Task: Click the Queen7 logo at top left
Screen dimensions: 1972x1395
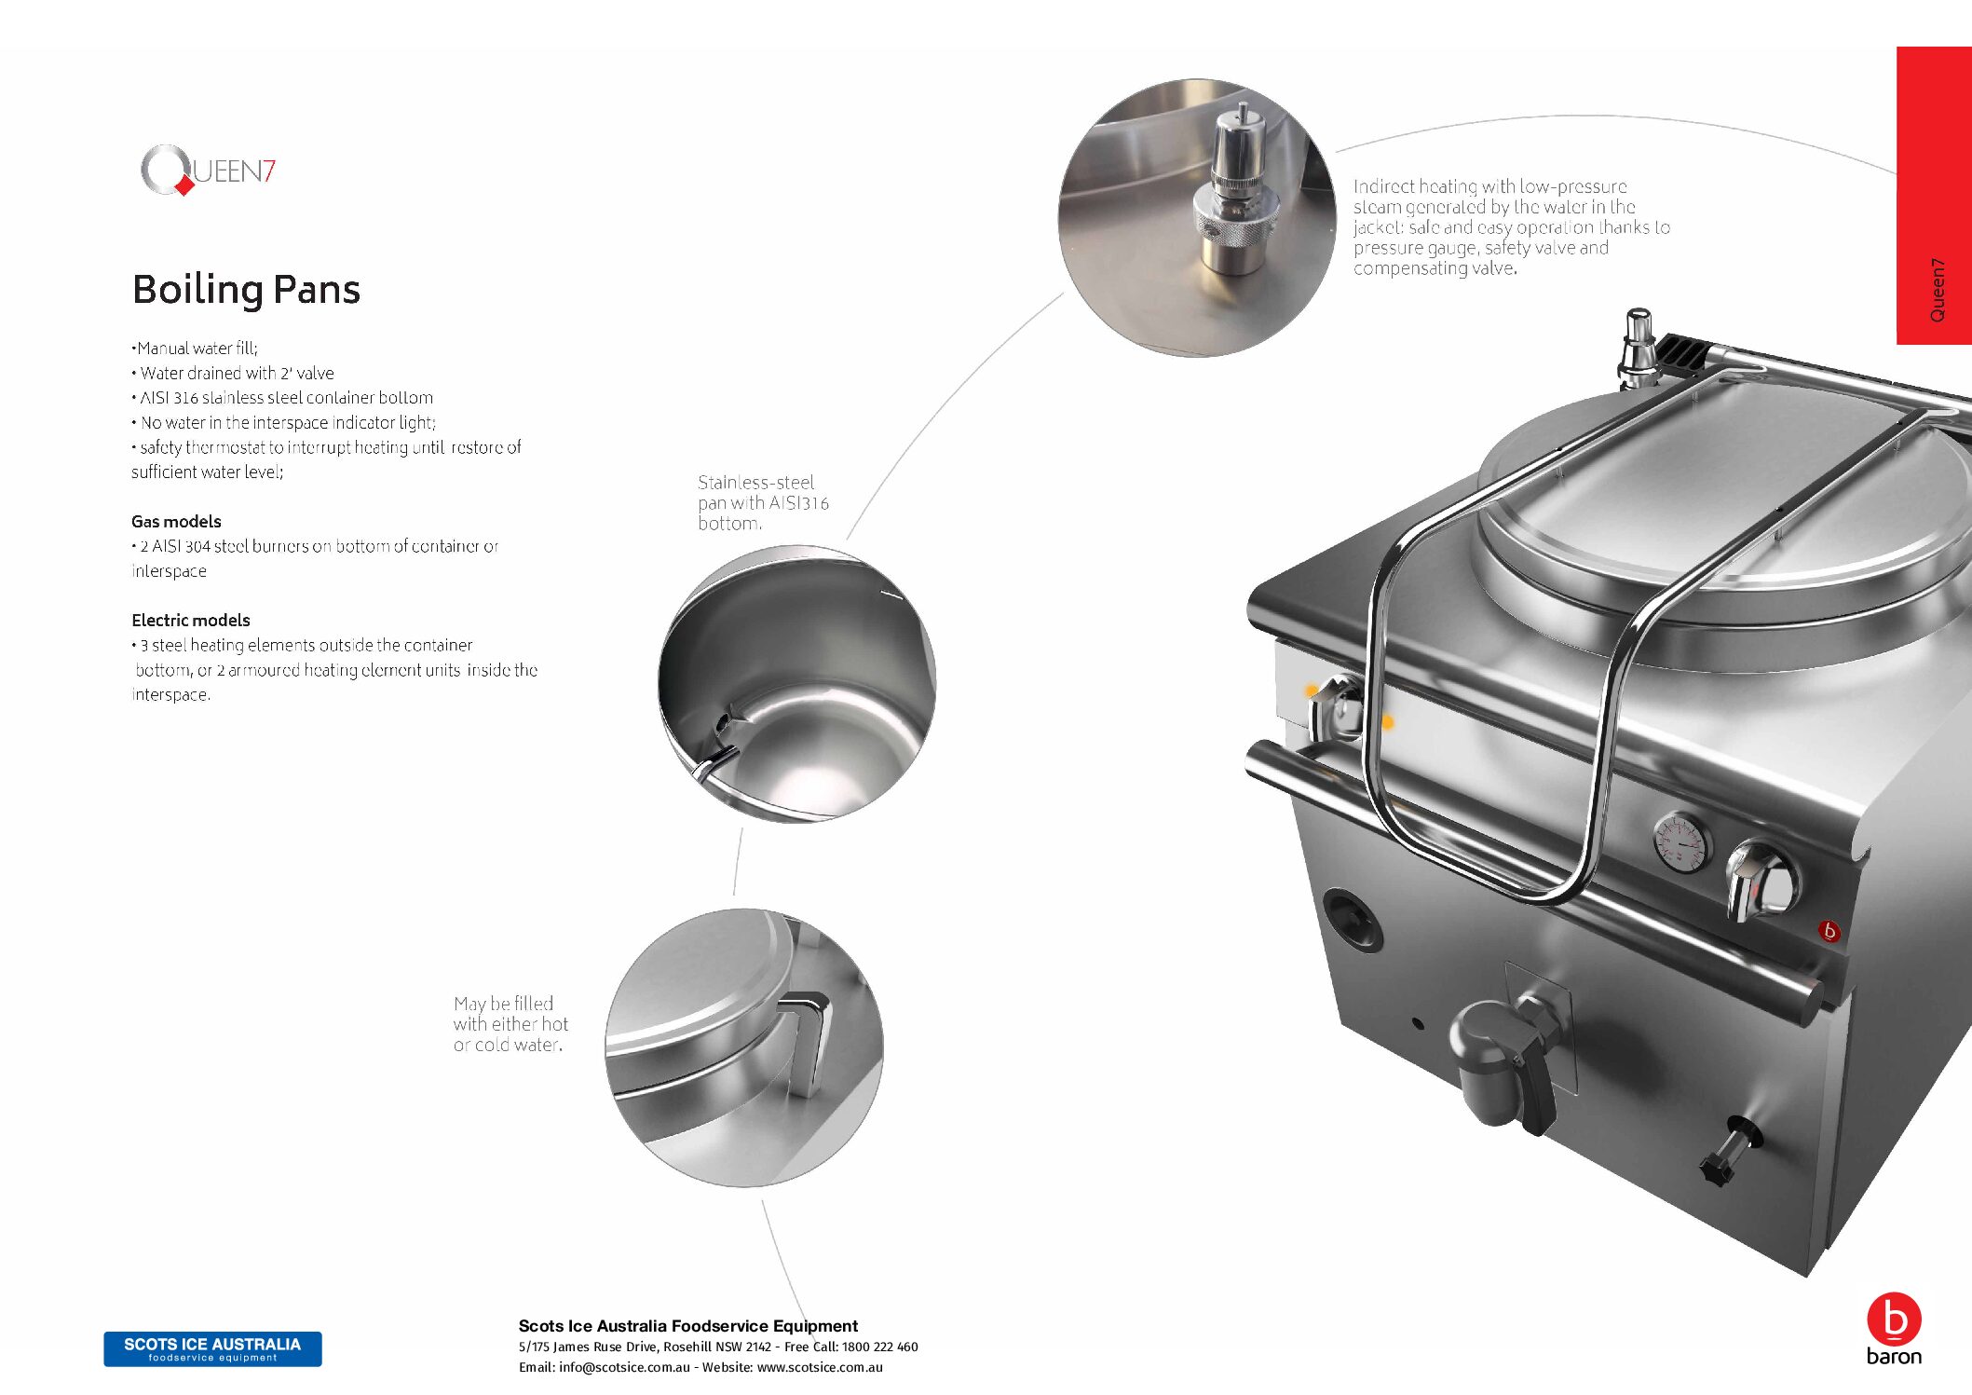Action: [x=208, y=170]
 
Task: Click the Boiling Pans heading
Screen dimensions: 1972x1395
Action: [x=246, y=290]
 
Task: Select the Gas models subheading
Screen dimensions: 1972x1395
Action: [x=176, y=522]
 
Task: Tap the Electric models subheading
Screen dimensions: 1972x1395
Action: [x=191, y=621]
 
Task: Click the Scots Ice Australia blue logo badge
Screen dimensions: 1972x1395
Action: [x=212, y=1348]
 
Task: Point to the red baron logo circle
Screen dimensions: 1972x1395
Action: [x=1894, y=1320]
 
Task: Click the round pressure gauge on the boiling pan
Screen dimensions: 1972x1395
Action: [x=1682, y=842]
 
